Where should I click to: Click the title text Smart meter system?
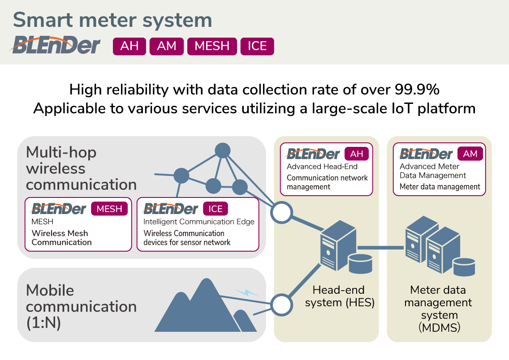click(112, 20)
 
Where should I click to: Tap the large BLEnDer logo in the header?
click(56, 46)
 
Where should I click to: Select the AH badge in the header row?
click(129, 46)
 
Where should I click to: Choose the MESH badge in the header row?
click(212, 46)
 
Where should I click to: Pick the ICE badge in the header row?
click(257, 46)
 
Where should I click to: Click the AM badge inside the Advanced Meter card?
click(470, 154)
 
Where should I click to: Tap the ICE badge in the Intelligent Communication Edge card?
click(216, 209)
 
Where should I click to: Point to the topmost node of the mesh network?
click(222, 150)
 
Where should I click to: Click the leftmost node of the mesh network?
click(181, 176)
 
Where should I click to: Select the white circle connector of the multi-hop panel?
click(282, 213)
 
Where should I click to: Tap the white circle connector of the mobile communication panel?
click(282, 305)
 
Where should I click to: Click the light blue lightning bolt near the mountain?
click(246, 292)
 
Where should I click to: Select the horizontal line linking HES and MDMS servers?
click(381, 247)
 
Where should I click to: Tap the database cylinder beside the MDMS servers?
click(463, 267)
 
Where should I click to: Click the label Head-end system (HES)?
click(340, 296)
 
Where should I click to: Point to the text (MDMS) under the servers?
click(439, 328)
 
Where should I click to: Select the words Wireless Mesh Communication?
click(61, 238)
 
